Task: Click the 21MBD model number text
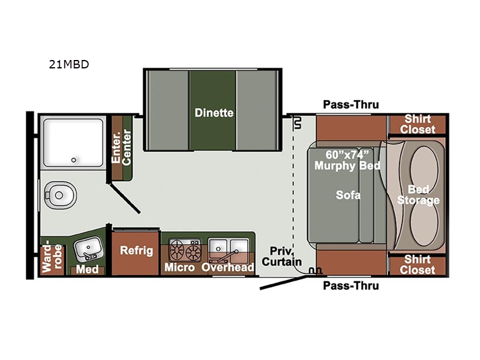click(69, 64)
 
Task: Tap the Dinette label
click(214, 113)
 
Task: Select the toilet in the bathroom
click(59, 195)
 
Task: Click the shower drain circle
click(73, 160)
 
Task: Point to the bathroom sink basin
click(88, 248)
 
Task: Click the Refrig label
click(136, 250)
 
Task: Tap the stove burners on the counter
click(185, 250)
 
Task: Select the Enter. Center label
click(121, 148)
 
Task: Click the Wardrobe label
click(52, 257)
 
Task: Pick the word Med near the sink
click(87, 269)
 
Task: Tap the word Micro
click(179, 267)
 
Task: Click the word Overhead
click(228, 267)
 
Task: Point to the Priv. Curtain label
click(281, 257)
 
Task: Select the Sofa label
click(348, 195)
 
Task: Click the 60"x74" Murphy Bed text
click(347, 160)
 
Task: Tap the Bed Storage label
click(418, 194)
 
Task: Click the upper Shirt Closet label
click(418, 124)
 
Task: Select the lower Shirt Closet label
click(418, 265)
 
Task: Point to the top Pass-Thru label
click(351, 104)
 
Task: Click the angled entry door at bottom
click(283, 282)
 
